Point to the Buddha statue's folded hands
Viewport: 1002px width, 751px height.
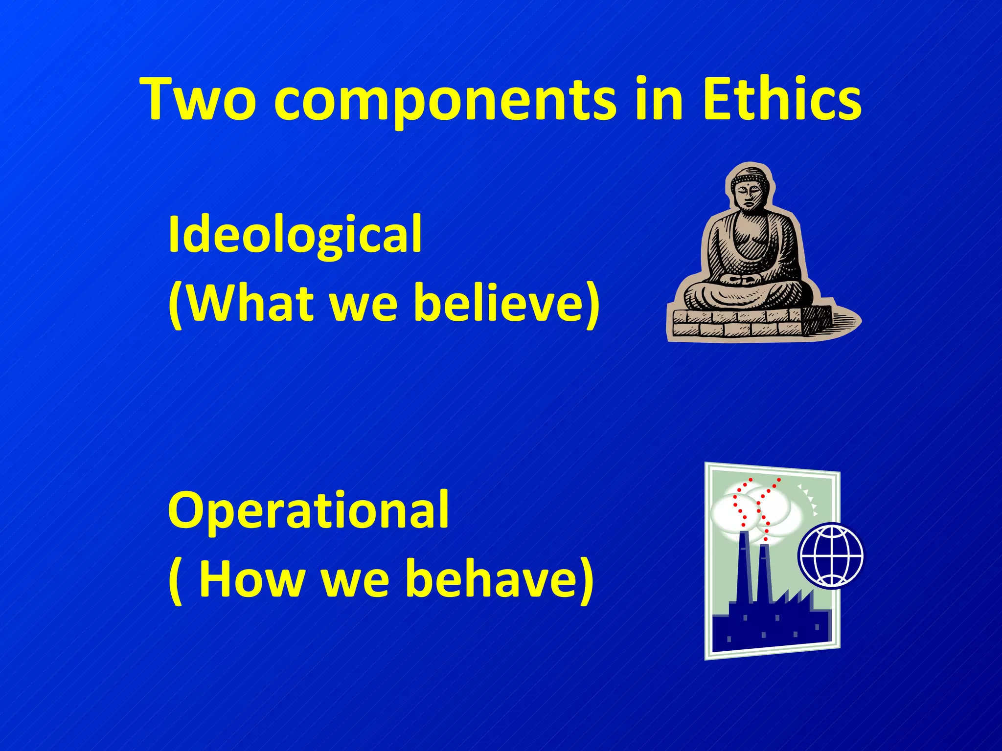[742, 280]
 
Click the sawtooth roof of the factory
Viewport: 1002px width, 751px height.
[795, 599]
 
